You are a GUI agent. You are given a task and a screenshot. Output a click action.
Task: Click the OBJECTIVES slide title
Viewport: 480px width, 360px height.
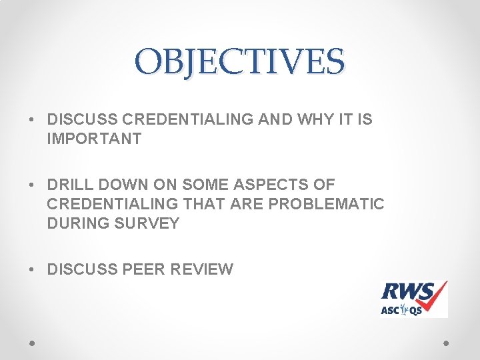pyautogui.click(x=239, y=61)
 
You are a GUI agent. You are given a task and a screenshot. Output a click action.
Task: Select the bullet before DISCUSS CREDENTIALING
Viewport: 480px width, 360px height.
pyautogui.click(x=32, y=120)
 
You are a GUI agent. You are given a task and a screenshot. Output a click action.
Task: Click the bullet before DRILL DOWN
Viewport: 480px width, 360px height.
pyautogui.click(x=32, y=185)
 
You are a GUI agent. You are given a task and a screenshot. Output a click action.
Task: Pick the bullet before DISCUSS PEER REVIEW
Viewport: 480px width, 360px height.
pyautogui.click(x=32, y=270)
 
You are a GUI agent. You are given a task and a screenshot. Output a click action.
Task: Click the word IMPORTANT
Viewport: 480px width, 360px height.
pyautogui.click(x=94, y=139)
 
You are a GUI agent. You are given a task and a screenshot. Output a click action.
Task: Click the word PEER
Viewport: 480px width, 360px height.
pyautogui.click(x=145, y=269)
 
